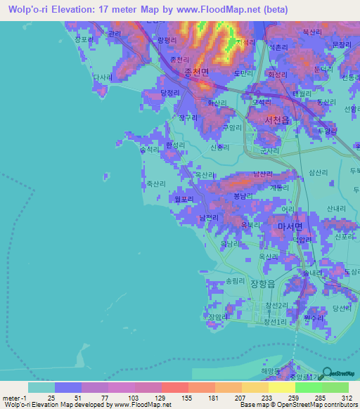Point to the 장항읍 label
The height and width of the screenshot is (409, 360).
click(264, 283)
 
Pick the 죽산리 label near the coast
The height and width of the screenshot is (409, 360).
click(156, 183)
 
